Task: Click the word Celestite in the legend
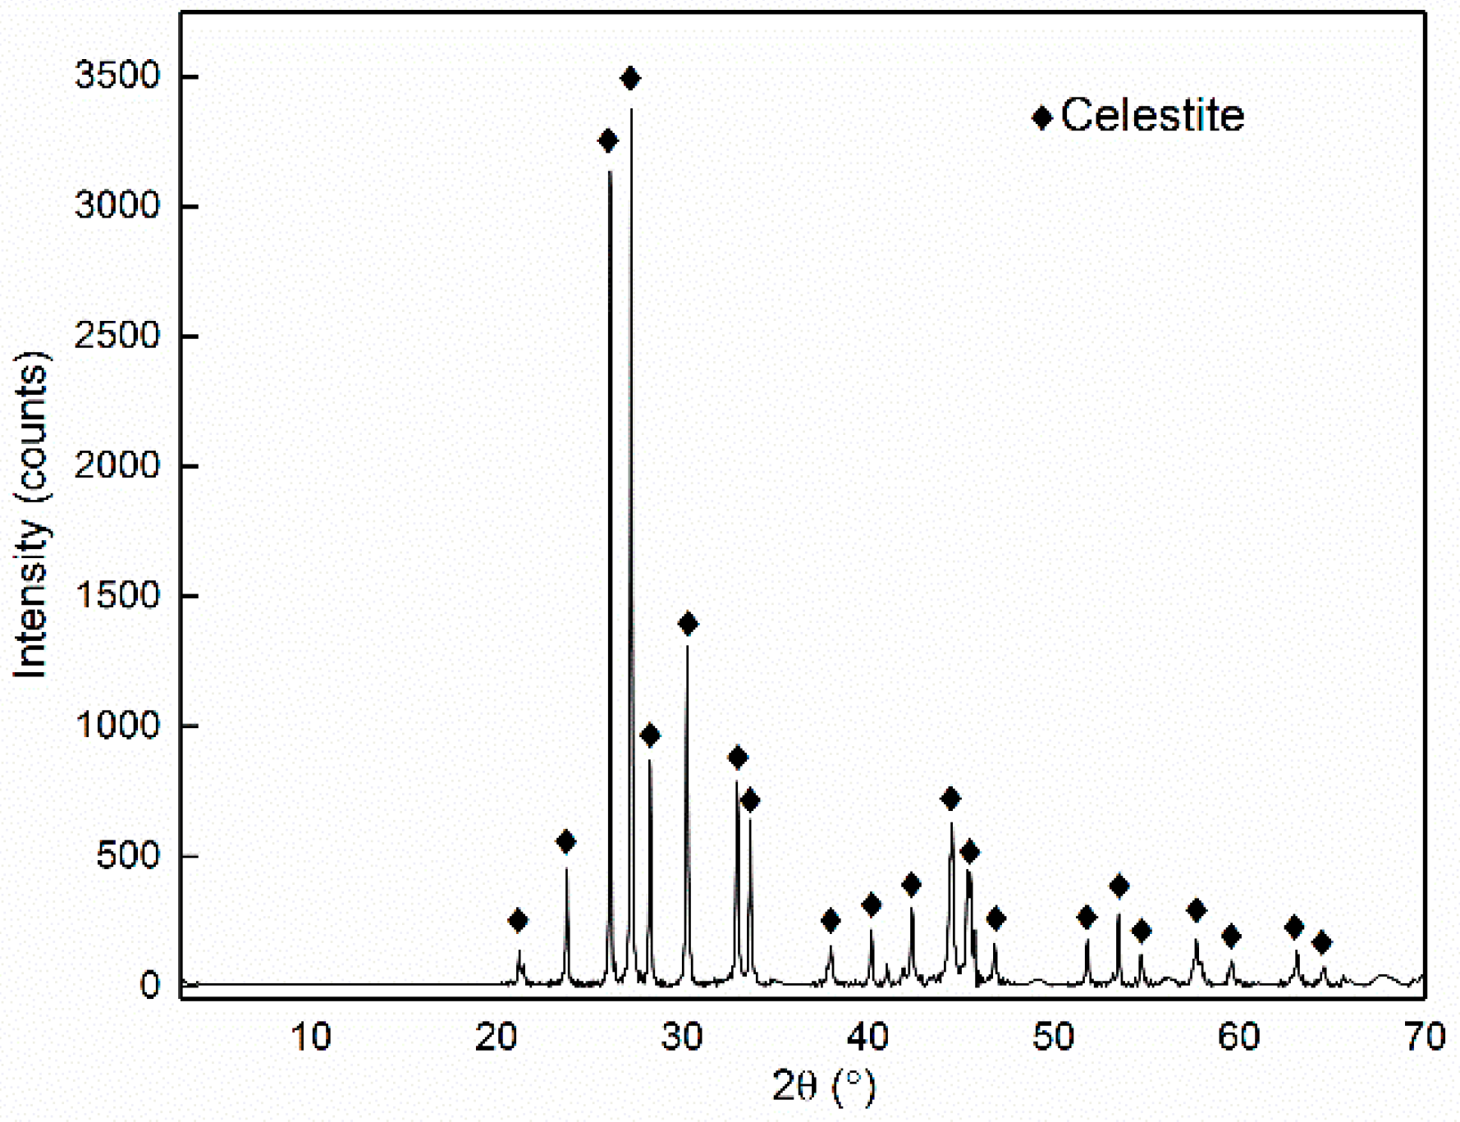pyautogui.click(x=1152, y=116)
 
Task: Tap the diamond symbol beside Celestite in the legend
pyautogui.click(x=1042, y=117)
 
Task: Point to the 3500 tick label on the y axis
pyautogui.click(x=117, y=76)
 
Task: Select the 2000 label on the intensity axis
pyautogui.click(x=117, y=465)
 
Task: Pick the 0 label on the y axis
pyautogui.click(x=149, y=985)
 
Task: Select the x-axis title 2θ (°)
pyautogui.click(x=824, y=1086)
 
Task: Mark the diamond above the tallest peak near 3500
pyautogui.click(x=630, y=79)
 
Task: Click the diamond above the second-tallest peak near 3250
pyautogui.click(x=608, y=141)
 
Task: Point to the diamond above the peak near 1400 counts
pyautogui.click(x=688, y=624)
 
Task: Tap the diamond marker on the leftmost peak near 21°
pyautogui.click(x=518, y=920)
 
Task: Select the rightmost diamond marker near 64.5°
pyautogui.click(x=1321, y=942)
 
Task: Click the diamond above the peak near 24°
pyautogui.click(x=565, y=841)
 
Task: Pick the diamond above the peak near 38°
pyautogui.click(x=831, y=920)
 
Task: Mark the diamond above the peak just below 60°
pyautogui.click(x=1230, y=936)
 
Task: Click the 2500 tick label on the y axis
pyautogui.click(x=117, y=336)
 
